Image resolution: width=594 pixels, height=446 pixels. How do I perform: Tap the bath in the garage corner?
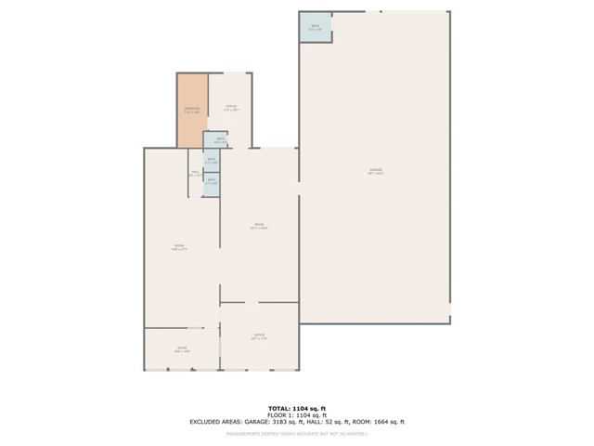pyautogui.click(x=315, y=27)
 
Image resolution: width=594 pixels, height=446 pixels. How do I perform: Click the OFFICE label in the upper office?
pyautogui.click(x=231, y=107)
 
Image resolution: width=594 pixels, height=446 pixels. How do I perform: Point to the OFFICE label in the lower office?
pyautogui.click(x=259, y=335)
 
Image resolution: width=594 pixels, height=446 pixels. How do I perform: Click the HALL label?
pyautogui.click(x=196, y=173)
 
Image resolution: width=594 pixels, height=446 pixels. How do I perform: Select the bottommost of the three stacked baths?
pyautogui.click(x=212, y=180)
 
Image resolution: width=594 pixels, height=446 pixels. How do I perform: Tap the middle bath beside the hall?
pyautogui.click(x=212, y=160)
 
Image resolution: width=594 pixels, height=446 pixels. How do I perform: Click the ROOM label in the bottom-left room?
pyautogui.click(x=181, y=349)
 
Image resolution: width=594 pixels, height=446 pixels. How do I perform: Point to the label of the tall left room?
pyautogui.click(x=180, y=247)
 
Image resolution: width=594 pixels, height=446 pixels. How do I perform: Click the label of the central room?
pyautogui.click(x=259, y=225)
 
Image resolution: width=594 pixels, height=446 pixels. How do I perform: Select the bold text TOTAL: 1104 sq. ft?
pyautogui.click(x=296, y=409)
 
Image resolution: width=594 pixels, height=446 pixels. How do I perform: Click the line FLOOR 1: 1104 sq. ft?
pyautogui.click(x=296, y=415)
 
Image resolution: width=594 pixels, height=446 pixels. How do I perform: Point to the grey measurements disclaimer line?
pyautogui.click(x=296, y=433)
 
